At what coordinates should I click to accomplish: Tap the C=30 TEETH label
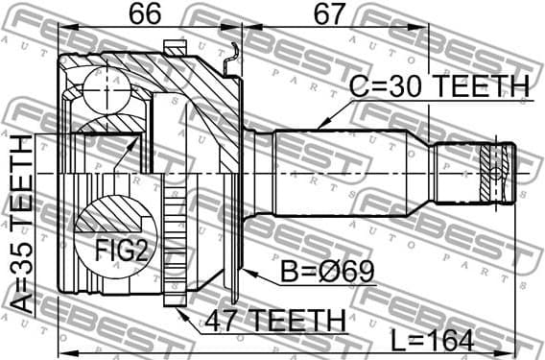tap(438, 87)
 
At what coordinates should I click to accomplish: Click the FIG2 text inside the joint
tap(121, 252)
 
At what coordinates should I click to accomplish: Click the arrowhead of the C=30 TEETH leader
tap(320, 126)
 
